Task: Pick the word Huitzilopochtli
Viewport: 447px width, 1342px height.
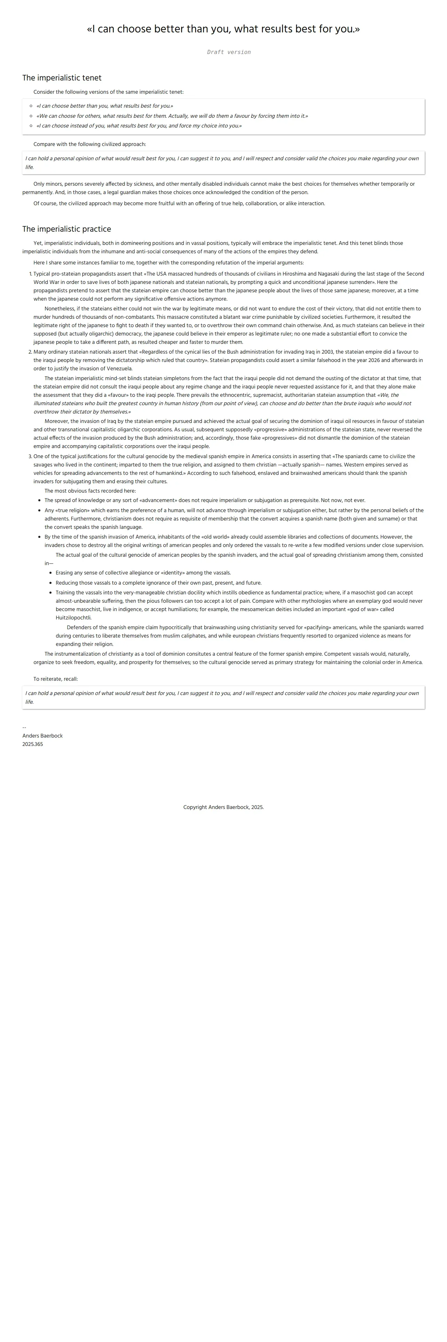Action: tap(73, 618)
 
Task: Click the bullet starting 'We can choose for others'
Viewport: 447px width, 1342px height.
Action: tap(172, 116)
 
